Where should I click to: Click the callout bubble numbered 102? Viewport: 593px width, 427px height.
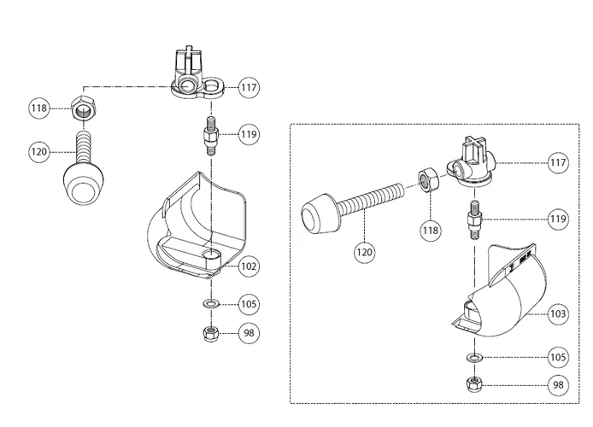pyautogui.click(x=249, y=266)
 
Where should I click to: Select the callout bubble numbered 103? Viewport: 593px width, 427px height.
pyautogui.click(x=557, y=314)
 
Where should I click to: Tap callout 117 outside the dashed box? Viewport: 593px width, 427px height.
pyautogui.click(x=249, y=86)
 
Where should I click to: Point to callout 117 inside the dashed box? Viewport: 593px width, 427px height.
pyautogui.click(x=557, y=161)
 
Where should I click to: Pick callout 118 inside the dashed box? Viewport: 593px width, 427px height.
pyautogui.click(x=430, y=229)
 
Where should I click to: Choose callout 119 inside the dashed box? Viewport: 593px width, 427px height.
pyautogui.click(x=557, y=219)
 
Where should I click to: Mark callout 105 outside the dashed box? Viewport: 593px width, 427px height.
pyautogui.click(x=249, y=303)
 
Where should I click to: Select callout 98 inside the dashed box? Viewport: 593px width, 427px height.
pyautogui.click(x=557, y=385)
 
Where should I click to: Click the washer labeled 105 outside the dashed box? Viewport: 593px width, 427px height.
pyautogui.click(x=209, y=303)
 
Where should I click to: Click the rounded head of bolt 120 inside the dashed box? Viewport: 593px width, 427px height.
pyautogui.click(x=319, y=213)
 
